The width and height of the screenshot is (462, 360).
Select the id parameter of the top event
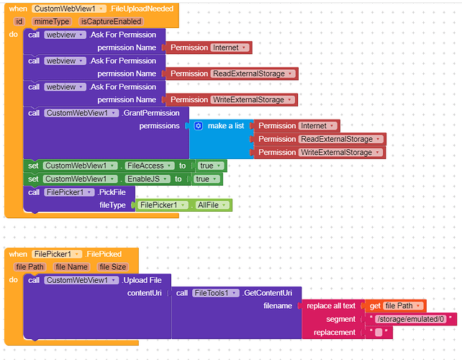pos(19,22)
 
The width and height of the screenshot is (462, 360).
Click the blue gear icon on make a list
pos(199,126)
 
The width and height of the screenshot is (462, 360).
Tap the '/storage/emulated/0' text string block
pos(411,319)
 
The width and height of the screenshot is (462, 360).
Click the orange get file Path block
pos(395,306)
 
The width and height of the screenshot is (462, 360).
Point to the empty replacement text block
pos(379,332)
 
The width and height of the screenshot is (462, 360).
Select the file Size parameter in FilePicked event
pos(113,267)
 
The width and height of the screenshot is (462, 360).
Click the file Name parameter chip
pos(71,267)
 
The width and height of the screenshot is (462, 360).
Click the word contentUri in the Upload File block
pos(146,293)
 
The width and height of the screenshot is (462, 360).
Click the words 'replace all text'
pos(330,306)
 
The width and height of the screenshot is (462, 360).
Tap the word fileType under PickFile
pos(112,205)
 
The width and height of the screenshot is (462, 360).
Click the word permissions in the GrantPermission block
pos(159,126)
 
